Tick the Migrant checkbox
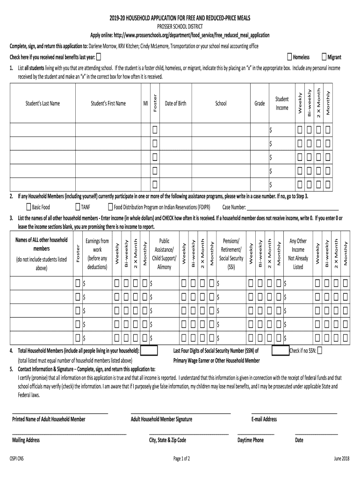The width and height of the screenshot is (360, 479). [x=324, y=57]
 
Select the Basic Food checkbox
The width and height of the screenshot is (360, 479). [x=29, y=207]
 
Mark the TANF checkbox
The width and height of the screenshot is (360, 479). [x=78, y=207]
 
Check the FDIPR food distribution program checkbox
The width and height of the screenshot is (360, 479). [x=110, y=207]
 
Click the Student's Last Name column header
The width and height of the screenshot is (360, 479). [x=43, y=103]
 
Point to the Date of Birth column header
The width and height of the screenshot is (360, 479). [x=175, y=103]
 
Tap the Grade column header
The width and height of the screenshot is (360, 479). [x=259, y=103]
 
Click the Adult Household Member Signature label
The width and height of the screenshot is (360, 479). [x=161, y=419]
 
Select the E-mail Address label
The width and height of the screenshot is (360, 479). [x=264, y=419]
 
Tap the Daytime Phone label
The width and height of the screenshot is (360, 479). [x=251, y=440]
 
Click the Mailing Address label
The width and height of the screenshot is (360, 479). [x=26, y=440]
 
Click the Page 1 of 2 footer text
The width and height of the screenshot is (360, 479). [x=181, y=458]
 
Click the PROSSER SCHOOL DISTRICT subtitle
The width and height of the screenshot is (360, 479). [x=180, y=26]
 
